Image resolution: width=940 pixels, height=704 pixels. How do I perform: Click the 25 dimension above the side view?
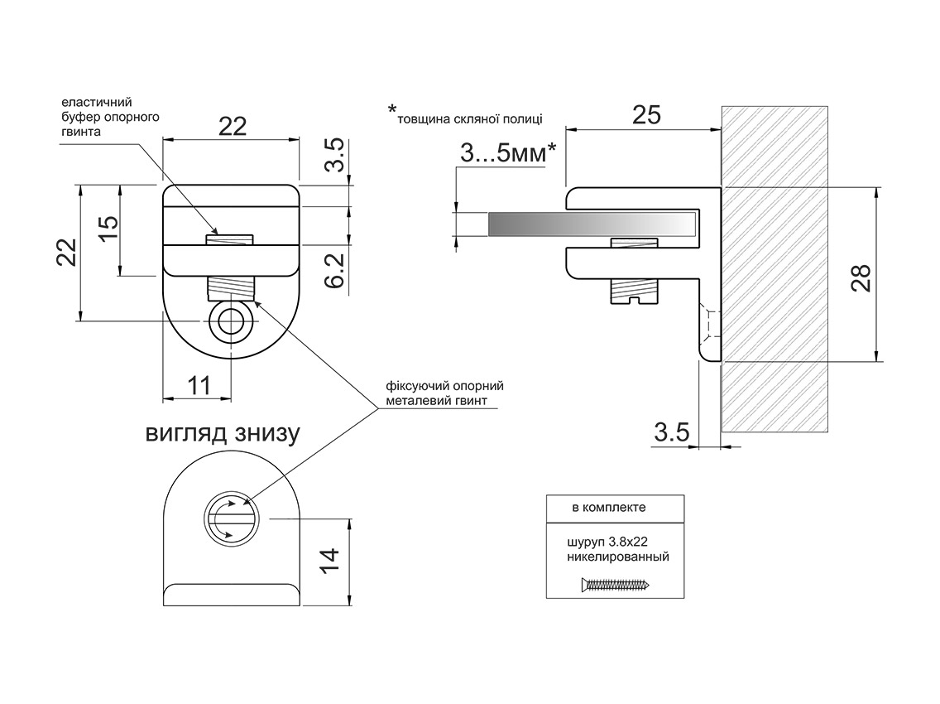click(x=645, y=114)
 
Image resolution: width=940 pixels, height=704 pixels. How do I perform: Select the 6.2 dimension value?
click(x=334, y=269)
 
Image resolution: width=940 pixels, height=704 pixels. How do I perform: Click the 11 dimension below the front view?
click(x=199, y=386)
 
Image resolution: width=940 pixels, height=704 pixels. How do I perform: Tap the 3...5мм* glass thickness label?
click(x=506, y=154)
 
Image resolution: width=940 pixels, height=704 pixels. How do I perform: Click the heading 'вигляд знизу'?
click(x=222, y=433)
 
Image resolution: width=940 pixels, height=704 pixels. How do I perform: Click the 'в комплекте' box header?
click(x=616, y=507)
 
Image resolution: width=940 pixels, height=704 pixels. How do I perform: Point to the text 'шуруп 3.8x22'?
click(x=606, y=542)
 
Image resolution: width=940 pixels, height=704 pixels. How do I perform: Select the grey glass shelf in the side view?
click(x=592, y=224)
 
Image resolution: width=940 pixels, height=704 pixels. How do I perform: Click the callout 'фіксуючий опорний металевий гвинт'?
click(x=444, y=393)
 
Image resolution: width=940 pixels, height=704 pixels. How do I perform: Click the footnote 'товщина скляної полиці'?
click(x=469, y=118)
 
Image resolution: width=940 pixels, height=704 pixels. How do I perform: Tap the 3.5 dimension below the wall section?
click(x=673, y=432)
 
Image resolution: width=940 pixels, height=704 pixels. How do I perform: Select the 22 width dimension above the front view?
click(x=233, y=126)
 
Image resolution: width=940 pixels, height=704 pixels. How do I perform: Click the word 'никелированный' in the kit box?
click(x=617, y=557)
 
